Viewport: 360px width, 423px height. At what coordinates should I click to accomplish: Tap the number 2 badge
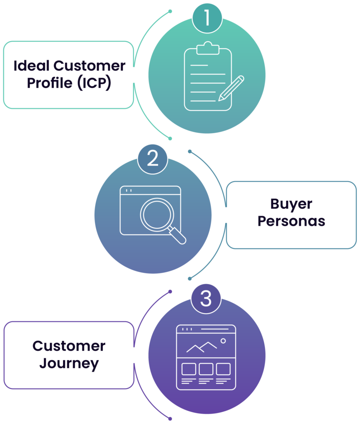coord(153,159)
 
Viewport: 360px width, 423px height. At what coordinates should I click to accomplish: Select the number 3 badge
coord(206,298)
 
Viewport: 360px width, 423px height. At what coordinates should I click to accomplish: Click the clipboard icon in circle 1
coord(208,78)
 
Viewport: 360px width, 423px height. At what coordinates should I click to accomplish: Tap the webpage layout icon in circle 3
coord(206,357)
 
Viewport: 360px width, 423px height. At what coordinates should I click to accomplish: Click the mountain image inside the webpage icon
coord(201,347)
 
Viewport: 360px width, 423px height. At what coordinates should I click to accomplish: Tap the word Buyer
coord(291,204)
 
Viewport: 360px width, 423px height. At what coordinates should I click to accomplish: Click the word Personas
coord(291,221)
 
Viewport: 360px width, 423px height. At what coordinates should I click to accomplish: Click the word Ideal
coord(31,66)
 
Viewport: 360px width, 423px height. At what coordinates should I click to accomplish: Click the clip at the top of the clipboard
coord(208,48)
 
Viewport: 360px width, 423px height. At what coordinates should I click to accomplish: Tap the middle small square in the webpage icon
coord(206,369)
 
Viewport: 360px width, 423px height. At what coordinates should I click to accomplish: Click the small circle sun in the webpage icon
coord(223,341)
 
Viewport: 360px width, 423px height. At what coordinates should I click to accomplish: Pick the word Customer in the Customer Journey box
coord(69,346)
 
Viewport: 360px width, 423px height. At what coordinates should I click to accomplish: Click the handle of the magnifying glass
coord(178,236)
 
